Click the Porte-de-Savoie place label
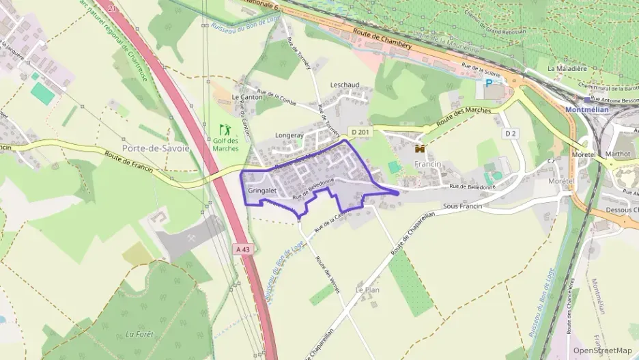point(156,148)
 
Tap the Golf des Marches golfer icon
point(225,128)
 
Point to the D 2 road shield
point(510,133)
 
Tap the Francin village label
point(428,165)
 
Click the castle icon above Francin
point(420,148)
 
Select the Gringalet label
point(262,190)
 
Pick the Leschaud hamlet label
point(344,85)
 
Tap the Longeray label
point(289,135)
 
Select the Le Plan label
point(367,290)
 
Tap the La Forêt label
point(139,334)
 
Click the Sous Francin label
point(462,206)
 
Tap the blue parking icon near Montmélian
point(488,83)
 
